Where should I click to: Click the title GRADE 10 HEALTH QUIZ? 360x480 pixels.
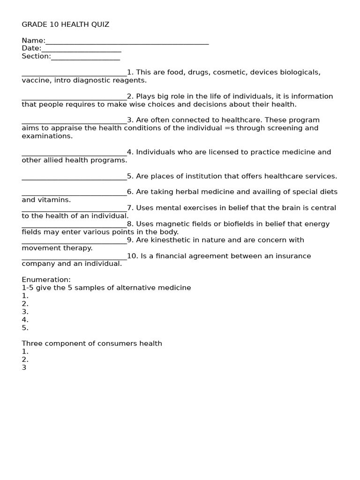click(x=65, y=24)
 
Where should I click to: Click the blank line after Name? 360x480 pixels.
click(x=127, y=42)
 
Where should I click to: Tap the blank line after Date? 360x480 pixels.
click(x=81, y=50)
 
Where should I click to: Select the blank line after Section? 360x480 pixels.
click(x=85, y=58)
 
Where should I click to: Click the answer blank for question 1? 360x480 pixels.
click(x=74, y=74)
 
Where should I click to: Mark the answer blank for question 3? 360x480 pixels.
click(x=74, y=121)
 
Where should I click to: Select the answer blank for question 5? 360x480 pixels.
click(x=74, y=178)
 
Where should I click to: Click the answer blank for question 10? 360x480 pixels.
click(x=74, y=257)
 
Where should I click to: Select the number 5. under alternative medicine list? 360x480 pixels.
click(x=25, y=328)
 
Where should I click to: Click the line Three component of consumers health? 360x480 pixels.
click(x=92, y=344)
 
